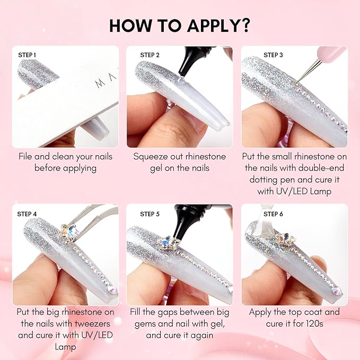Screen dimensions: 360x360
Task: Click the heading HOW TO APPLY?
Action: tap(180, 25)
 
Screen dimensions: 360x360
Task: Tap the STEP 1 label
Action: tap(27, 55)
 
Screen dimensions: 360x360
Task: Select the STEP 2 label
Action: tap(150, 55)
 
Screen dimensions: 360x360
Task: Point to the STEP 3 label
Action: tap(273, 55)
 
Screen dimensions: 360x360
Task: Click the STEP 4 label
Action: tap(27, 214)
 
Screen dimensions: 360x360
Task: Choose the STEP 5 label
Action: tap(150, 214)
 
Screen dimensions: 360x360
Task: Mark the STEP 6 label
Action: tap(273, 214)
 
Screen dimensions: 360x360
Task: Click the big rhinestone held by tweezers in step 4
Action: tap(69, 231)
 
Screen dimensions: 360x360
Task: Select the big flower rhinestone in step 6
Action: tap(285, 239)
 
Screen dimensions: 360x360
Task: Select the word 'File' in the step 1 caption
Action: tap(25, 156)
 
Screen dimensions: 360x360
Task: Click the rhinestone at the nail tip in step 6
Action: tap(337, 291)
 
